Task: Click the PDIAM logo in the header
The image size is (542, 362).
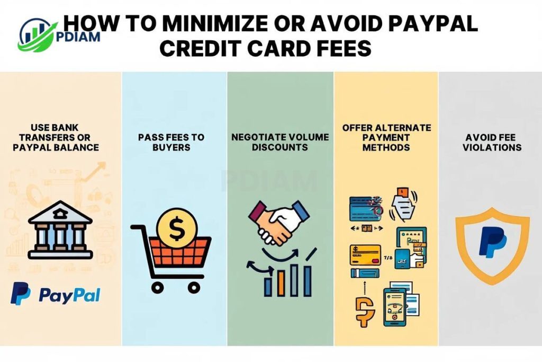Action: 40,33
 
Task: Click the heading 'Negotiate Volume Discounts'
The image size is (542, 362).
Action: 280,142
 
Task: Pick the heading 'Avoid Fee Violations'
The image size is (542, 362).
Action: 492,142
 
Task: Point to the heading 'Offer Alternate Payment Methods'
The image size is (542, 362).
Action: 386,138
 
